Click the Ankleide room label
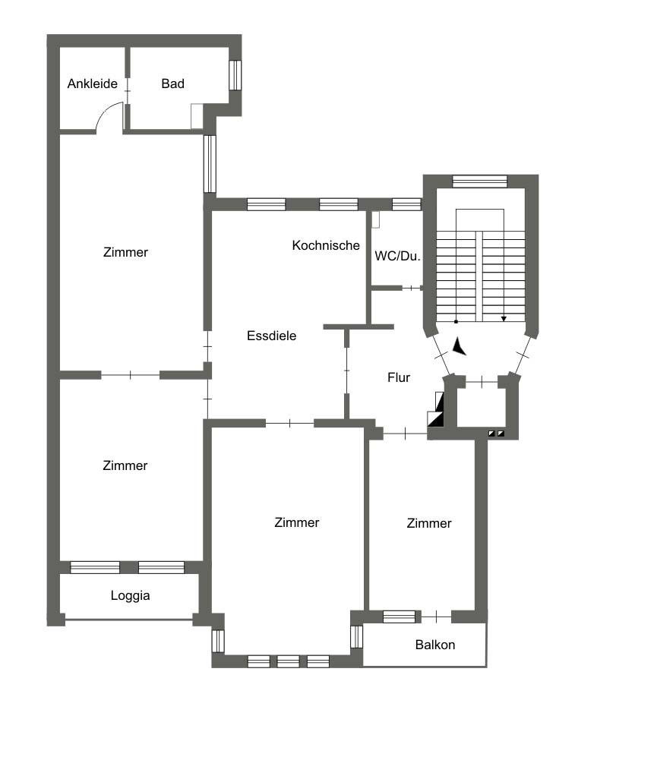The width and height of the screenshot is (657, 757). (92, 84)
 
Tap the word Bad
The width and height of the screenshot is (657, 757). (173, 84)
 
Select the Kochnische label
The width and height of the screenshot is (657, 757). (326, 245)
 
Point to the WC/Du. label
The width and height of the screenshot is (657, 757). (397, 256)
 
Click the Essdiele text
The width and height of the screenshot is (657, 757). (271, 336)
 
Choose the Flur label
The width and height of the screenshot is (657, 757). (399, 377)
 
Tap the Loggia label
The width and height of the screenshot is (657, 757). (130, 596)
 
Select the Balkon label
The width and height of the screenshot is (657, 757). (435, 645)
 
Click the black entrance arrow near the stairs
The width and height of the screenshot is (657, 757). (459, 347)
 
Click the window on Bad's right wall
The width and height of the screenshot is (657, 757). (235, 75)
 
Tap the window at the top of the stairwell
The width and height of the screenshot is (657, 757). (480, 181)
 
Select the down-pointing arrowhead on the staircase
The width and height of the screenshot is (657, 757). (504, 319)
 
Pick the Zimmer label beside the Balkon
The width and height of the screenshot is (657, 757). (429, 523)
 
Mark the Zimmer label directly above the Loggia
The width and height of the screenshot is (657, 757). (125, 465)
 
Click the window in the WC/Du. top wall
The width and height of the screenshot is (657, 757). (406, 204)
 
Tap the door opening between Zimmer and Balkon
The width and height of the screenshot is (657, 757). (436, 617)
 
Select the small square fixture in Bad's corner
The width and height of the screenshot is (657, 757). (197, 116)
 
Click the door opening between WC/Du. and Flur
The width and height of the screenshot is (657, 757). (412, 289)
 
